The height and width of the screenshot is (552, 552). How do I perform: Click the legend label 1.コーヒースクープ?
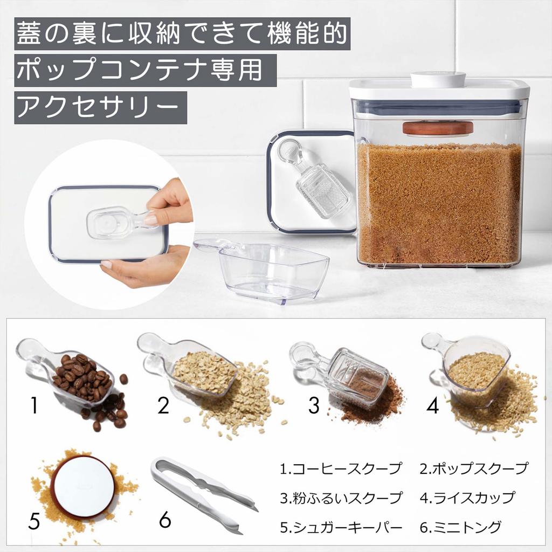[341, 468]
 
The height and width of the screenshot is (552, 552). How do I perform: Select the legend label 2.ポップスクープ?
[474, 468]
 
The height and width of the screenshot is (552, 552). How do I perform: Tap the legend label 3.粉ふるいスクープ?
[341, 497]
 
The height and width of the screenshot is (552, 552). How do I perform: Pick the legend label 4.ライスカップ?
[467, 497]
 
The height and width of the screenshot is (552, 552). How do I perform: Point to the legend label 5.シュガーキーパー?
[341, 526]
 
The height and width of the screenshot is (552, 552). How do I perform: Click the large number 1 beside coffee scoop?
[34, 405]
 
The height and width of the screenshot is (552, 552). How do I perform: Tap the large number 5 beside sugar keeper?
[34, 521]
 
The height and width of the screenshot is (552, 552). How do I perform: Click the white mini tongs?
[202, 493]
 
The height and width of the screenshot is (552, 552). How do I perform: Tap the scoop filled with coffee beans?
[75, 377]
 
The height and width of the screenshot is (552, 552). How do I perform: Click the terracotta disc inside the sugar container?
[437, 128]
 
